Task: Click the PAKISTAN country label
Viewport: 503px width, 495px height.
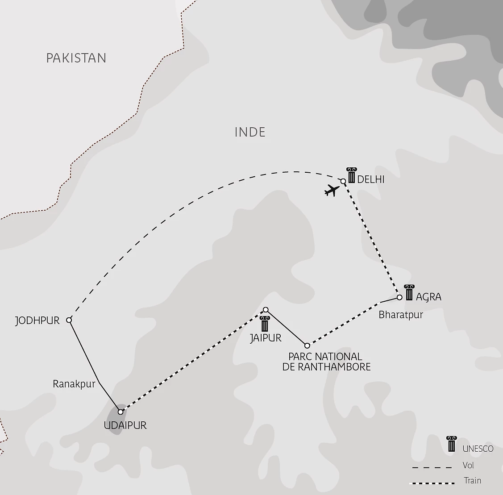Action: pos(76,58)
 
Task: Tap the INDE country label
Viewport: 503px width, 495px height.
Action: pos(250,132)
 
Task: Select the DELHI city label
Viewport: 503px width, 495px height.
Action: pos(371,180)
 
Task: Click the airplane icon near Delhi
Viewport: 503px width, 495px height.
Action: pos(332,191)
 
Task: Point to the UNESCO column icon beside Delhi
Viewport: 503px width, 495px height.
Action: pos(352,175)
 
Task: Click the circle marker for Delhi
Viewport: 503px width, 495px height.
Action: pos(343,181)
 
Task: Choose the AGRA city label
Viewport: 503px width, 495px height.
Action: pos(428,297)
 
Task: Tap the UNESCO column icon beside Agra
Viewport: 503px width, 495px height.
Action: pos(408,292)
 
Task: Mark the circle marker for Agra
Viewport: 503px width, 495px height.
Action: pos(399,297)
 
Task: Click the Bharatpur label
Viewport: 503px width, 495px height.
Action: pos(400,315)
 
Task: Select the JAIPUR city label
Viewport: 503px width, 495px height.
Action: pos(266,338)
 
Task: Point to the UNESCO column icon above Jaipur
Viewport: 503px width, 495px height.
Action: pos(265,324)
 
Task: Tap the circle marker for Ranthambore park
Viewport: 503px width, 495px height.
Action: pos(307,345)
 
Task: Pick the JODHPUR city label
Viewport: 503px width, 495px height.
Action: pos(37,320)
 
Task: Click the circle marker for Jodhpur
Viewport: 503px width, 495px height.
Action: pos(69,320)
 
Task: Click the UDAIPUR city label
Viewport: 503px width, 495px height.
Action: pos(125,425)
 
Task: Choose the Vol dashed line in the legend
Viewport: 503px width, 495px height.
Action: pos(432,468)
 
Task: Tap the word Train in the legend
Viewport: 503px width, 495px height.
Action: pos(472,481)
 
